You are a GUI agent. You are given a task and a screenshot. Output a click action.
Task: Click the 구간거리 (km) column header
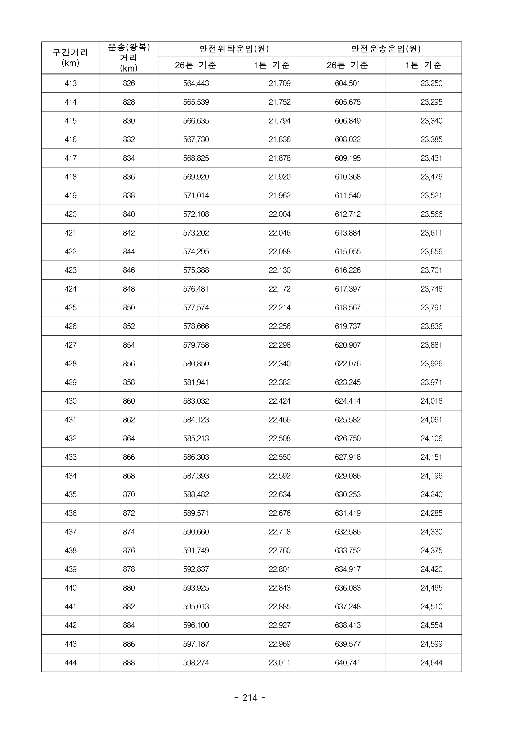click(70, 58)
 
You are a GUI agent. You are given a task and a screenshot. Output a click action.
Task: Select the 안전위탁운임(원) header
click(234, 49)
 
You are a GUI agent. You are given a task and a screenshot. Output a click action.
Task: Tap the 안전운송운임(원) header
click(386, 49)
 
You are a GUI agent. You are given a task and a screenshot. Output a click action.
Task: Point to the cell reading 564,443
click(196, 84)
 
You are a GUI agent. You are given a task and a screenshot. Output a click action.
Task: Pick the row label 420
click(70, 214)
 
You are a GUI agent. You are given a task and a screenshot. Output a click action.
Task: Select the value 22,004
click(280, 214)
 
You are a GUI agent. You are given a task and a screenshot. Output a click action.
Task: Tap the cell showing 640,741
click(348, 662)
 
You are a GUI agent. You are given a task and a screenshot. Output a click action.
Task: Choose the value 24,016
click(431, 401)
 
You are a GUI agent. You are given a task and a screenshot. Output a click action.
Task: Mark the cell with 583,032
click(196, 401)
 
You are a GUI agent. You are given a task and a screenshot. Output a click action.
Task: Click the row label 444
click(70, 662)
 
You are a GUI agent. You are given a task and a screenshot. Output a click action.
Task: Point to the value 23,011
click(280, 662)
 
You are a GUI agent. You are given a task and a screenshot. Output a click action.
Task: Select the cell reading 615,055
click(348, 252)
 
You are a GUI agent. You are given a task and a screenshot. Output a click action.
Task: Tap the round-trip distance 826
click(129, 84)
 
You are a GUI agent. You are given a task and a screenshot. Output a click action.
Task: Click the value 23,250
click(431, 84)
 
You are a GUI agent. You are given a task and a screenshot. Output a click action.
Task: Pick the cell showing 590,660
click(196, 532)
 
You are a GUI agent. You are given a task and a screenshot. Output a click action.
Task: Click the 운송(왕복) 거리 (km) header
click(129, 58)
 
